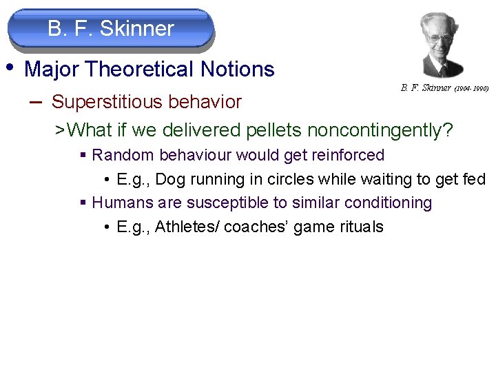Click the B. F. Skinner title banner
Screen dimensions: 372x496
(x=111, y=29)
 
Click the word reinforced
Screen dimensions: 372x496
(x=344, y=155)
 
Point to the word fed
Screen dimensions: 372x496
(x=474, y=179)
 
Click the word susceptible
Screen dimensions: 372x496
(x=225, y=203)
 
